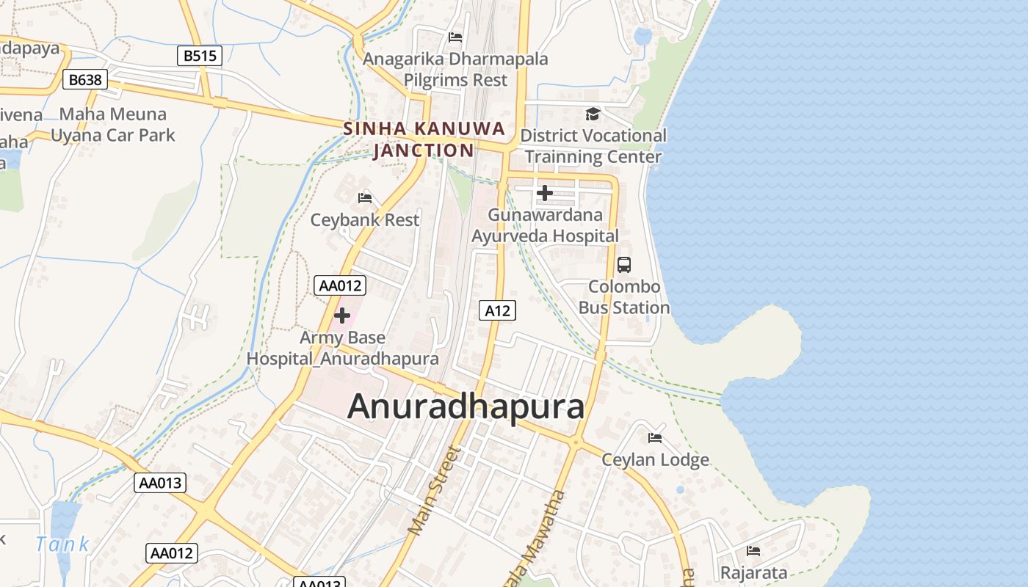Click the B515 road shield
coord(200,56)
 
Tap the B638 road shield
coord(85,79)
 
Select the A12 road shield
coord(497,310)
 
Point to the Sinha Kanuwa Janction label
coord(424,139)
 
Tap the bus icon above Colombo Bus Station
coord(624,265)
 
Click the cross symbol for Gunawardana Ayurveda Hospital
coord(545,193)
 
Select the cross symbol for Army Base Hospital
coord(342,316)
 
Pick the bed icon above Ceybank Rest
coord(365,197)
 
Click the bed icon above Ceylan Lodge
coord(655,438)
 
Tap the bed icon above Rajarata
coord(753,550)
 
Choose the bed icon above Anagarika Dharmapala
coord(455,37)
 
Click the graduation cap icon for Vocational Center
coord(593,114)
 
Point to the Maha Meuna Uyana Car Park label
coord(113,125)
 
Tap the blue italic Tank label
coord(62,544)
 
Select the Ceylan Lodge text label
coord(655,460)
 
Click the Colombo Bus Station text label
coord(624,297)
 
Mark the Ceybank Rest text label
coord(365,219)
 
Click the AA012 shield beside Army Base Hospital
coord(340,285)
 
